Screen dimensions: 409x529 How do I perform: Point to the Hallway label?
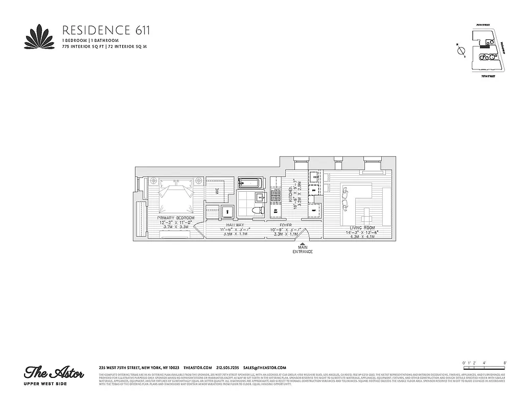(232, 225)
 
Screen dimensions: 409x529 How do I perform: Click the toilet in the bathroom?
(260, 210)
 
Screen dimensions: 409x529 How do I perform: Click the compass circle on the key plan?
(461, 51)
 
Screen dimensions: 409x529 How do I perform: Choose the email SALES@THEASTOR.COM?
(264, 368)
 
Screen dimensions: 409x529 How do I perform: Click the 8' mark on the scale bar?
(504, 362)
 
